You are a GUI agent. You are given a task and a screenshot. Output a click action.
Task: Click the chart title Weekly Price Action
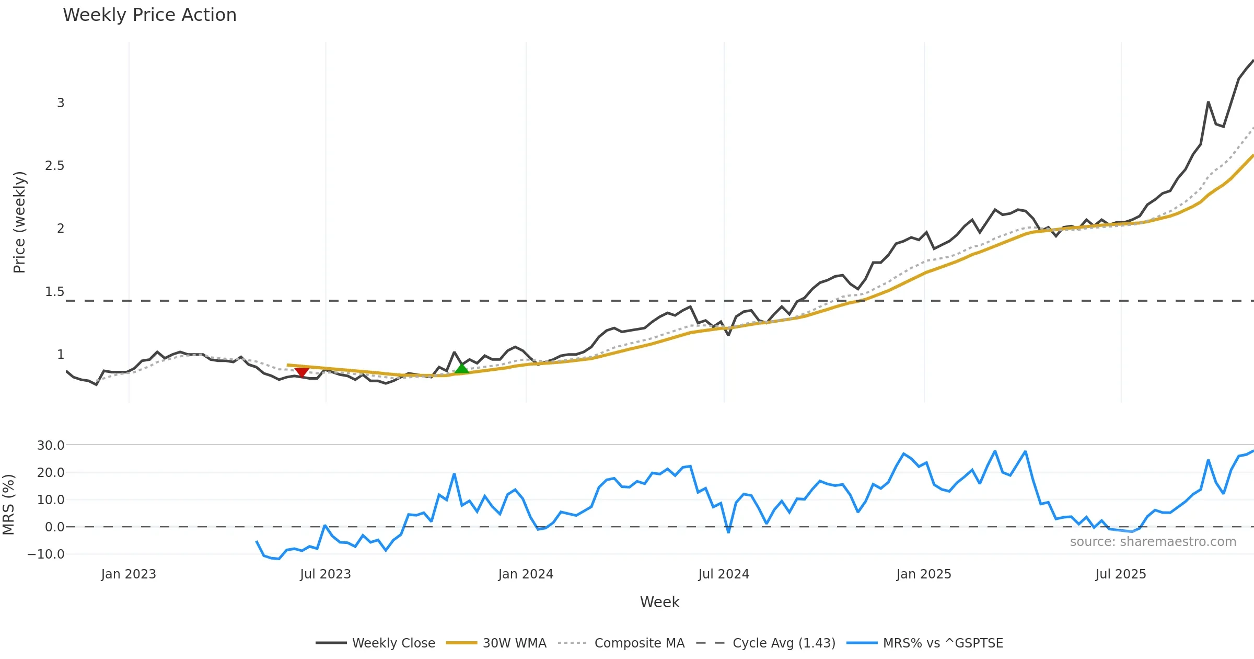pos(149,15)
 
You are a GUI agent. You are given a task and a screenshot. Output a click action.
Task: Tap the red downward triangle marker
pos(301,372)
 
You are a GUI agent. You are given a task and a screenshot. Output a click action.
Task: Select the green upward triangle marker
pos(461,368)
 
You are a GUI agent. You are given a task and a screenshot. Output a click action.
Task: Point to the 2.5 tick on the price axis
pos(54,166)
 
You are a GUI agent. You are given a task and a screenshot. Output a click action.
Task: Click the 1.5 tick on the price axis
pos(54,292)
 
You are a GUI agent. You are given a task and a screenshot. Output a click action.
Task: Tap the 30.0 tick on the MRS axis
pos(51,446)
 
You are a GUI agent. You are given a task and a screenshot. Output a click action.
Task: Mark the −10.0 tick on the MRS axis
pos(46,554)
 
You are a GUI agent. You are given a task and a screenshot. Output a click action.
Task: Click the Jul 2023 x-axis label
pos(326,574)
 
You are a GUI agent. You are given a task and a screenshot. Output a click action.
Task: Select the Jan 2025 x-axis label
pos(924,574)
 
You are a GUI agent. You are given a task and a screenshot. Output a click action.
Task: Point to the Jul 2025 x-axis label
pos(1121,574)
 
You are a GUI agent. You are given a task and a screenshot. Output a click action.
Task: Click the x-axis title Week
pos(659,603)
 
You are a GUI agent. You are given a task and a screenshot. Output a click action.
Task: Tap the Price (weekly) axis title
pos(19,222)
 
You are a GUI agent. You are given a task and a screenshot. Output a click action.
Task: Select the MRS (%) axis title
pos(8,505)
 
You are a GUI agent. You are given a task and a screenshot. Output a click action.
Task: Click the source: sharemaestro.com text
pos(1153,542)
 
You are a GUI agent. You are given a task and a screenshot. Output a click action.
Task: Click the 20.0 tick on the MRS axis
pos(51,473)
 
